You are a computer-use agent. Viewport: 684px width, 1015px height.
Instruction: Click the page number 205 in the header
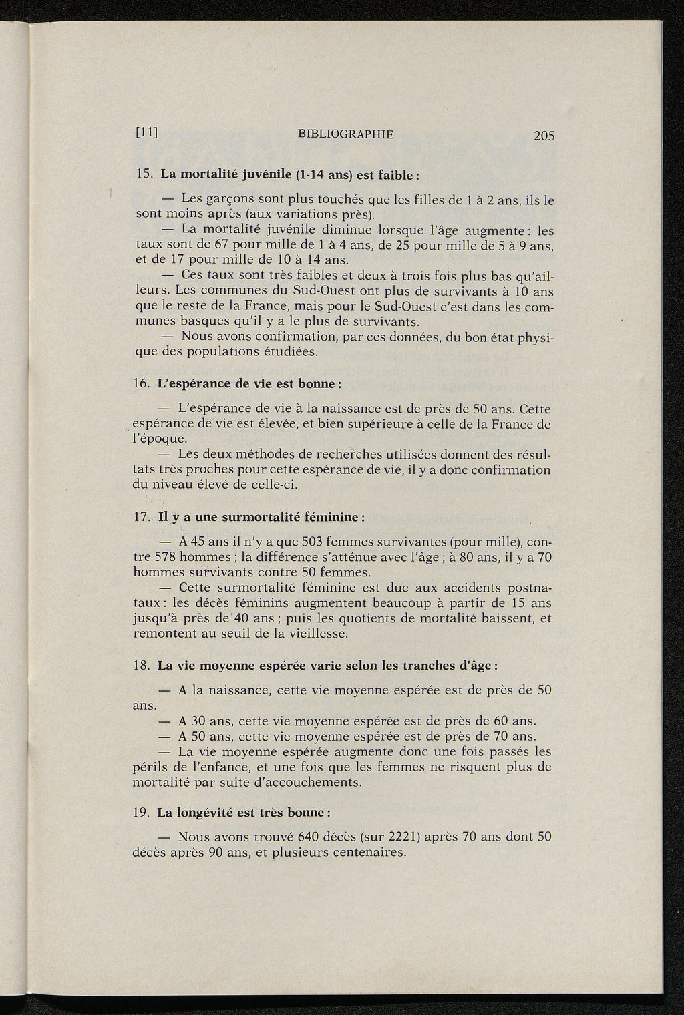(544, 136)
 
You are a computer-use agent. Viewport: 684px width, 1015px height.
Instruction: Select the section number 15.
(144, 175)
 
